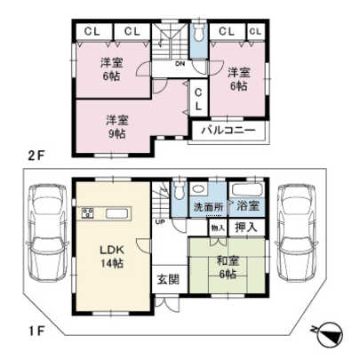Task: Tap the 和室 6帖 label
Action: pos(227,267)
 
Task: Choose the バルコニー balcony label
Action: pos(228,131)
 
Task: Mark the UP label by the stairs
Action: pos(159,221)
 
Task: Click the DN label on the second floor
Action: pos(179,65)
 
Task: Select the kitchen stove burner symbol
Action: pos(89,212)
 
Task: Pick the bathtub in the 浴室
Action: pos(245,190)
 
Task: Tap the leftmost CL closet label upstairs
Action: pos(91,31)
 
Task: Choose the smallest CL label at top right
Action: pos(255,32)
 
